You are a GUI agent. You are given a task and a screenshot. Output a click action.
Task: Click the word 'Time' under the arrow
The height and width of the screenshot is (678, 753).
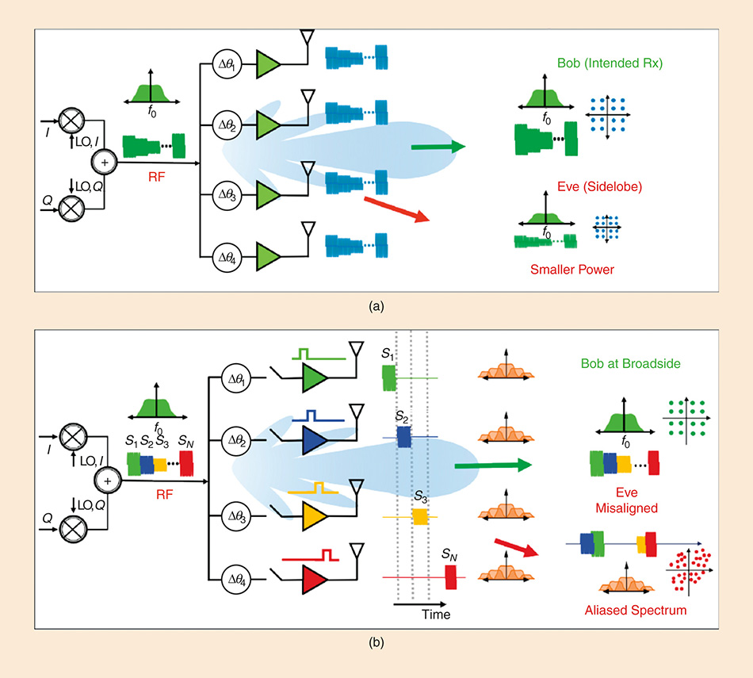tap(436, 614)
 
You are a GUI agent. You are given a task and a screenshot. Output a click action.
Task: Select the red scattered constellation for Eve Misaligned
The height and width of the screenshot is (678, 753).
tap(687, 569)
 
